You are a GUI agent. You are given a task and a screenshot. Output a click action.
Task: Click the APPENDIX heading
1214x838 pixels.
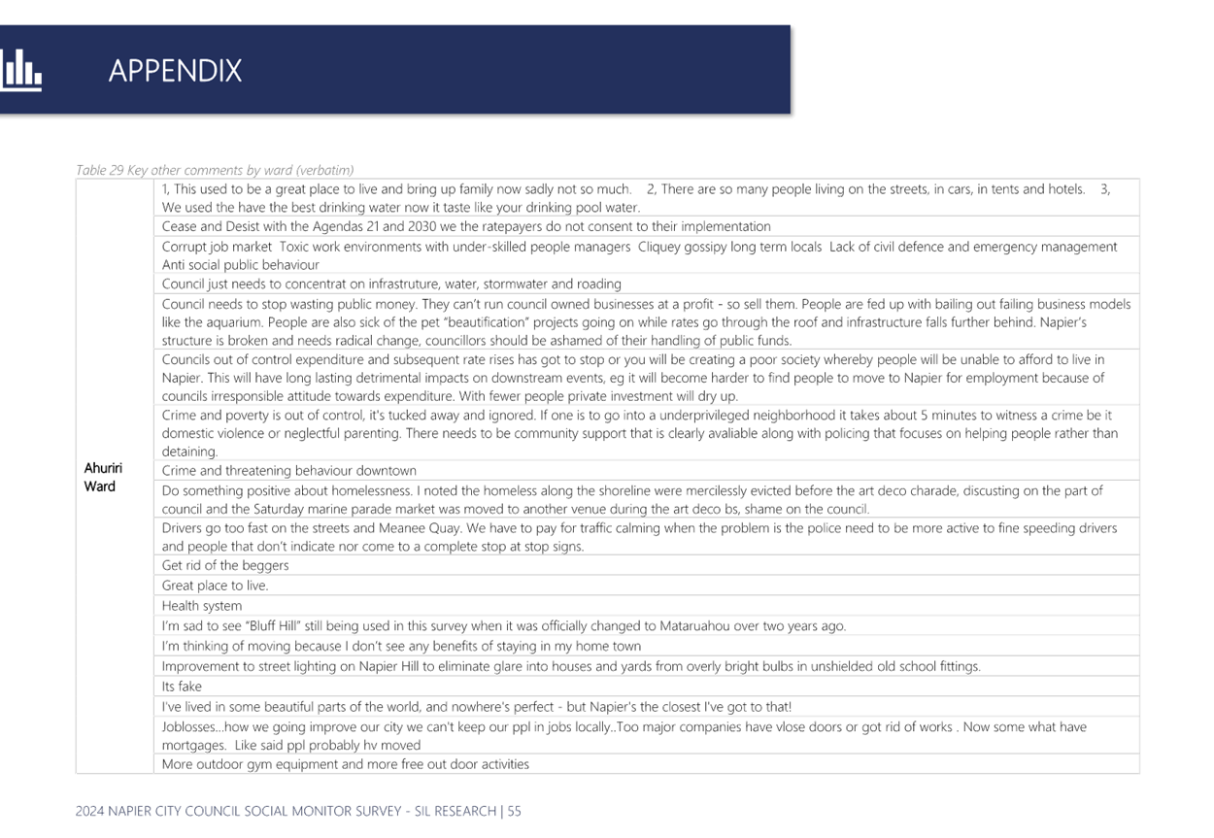175,71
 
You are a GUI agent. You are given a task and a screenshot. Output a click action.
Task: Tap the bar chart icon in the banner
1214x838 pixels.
20,70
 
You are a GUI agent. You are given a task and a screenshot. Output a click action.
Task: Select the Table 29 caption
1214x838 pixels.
215,170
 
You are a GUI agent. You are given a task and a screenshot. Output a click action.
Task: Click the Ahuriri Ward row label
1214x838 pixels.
103,477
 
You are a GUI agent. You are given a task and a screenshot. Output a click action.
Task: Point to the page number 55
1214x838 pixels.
515,811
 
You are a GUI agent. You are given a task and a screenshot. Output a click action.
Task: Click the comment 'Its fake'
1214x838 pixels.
182,687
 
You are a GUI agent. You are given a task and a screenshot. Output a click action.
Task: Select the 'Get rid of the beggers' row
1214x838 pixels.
225,565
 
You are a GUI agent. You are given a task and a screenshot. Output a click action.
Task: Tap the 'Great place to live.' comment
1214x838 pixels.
216,586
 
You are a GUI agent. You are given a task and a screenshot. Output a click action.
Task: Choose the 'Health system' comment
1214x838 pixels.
202,606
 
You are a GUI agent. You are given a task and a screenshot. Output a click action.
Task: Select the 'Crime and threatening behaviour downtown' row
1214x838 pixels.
288,471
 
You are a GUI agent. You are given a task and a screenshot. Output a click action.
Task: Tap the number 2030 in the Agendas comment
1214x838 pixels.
422,226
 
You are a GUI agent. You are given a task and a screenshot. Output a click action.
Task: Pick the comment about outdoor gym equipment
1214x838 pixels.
345,764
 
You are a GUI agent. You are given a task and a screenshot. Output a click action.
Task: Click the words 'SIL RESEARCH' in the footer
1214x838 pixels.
455,811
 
